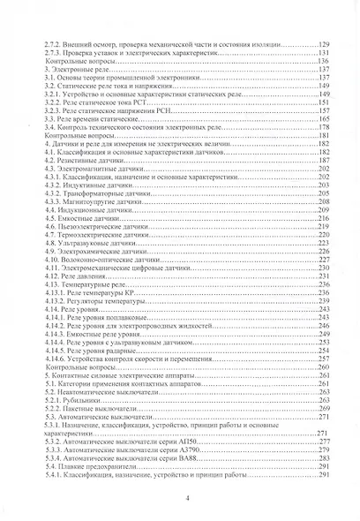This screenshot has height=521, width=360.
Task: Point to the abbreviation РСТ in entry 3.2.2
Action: point(142,110)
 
